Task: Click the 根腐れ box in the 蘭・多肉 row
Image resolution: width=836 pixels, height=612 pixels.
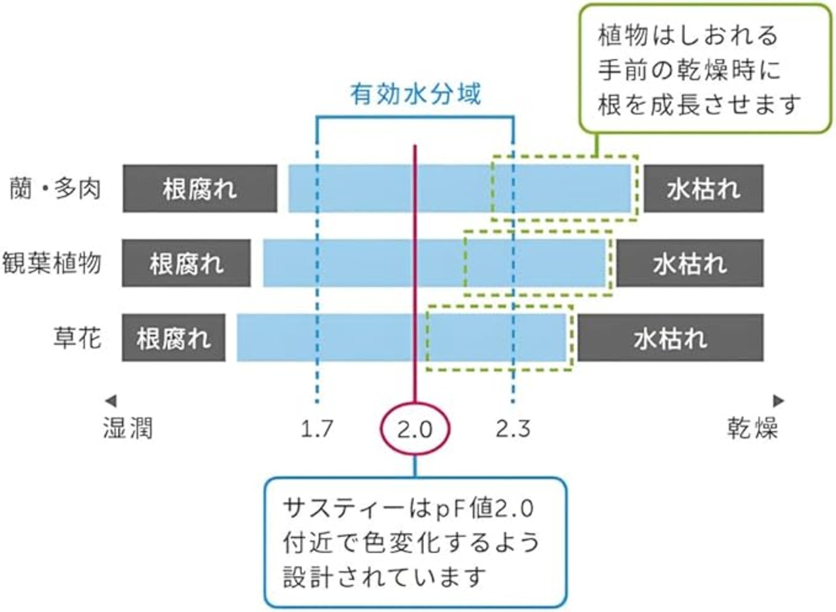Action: click(x=199, y=189)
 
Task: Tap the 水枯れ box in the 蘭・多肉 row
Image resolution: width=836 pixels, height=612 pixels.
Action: click(x=703, y=189)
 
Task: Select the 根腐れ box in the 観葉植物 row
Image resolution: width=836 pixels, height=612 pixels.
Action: click(x=186, y=263)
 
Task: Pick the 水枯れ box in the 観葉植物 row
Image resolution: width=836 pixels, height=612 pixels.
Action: click(x=690, y=263)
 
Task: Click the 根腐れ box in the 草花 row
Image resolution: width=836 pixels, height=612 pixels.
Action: click(x=174, y=338)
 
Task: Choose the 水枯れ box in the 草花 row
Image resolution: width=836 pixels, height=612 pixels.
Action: click(x=670, y=338)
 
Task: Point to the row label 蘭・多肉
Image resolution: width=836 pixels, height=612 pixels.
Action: click(x=55, y=189)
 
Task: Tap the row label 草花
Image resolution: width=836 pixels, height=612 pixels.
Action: click(x=77, y=338)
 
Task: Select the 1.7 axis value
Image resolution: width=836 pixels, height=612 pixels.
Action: click(x=317, y=428)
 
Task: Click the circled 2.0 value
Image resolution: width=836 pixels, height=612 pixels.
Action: click(x=415, y=428)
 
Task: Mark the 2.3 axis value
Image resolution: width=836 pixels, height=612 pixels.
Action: click(x=513, y=428)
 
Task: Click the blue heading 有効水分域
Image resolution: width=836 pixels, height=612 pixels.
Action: click(x=415, y=95)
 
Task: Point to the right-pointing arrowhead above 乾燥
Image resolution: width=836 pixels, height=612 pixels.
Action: click(x=778, y=400)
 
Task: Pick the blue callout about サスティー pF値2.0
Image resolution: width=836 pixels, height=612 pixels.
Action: click(x=415, y=542)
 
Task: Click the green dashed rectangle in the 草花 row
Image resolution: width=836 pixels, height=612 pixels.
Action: click(x=499, y=338)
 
